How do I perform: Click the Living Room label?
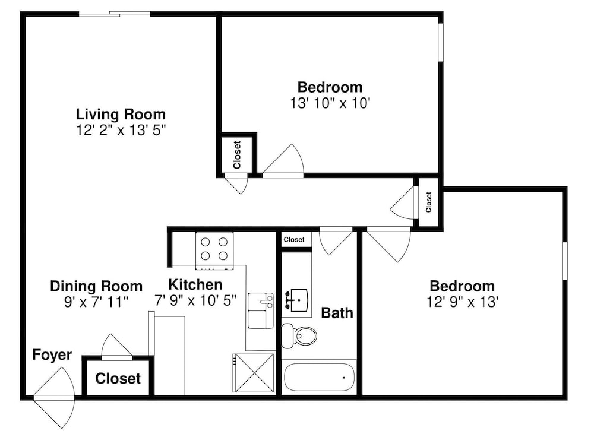click(x=121, y=114)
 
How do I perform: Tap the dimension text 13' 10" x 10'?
click(x=330, y=103)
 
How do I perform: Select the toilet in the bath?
click(x=299, y=335)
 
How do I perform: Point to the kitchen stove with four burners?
click(x=214, y=251)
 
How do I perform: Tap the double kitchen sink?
click(x=261, y=310)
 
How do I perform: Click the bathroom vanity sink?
click(x=296, y=300)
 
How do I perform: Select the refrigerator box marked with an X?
click(x=253, y=373)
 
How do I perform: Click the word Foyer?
click(x=52, y=355)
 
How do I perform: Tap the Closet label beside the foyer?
click(x=118, y=378)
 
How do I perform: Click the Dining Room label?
click(x=96, y=286)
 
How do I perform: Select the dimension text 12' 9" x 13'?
click(x=462, y=302)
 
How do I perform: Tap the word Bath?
click(x=337, y=313)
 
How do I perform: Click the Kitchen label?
click(x=195, y=284)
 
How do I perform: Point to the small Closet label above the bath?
click(x=294, y=240)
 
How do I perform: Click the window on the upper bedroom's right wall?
click(x=441, y=42)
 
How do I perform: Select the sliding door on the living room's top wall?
click(x=115, y=14)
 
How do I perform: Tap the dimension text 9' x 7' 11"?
click(x=96, y=302)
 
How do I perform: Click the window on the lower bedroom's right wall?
click(x=565, y=261)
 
